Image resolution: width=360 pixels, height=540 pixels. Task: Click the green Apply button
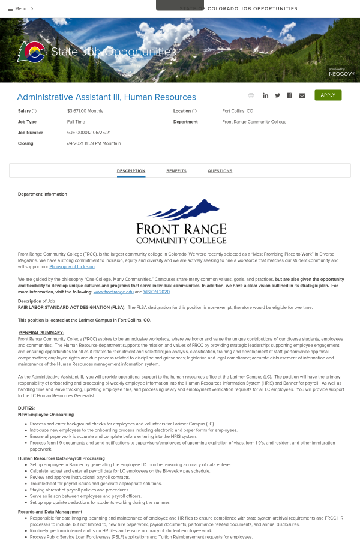pyautogui.click(x=328, y=95)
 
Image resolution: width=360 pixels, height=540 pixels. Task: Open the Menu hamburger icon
pyautogui.click(x=10, y=8)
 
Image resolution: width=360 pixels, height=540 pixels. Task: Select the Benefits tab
pyautogui.click(x=176, y=171)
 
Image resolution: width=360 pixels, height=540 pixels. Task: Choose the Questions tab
pyautogui.click(x=220, y=171)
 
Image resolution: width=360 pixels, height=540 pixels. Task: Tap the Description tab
pyautogui.click(x=131, y=171)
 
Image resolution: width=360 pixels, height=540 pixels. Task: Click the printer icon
pyautogui.click(x=251, y=95)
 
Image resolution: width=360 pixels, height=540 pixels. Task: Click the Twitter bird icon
pyautogui.click(x=277, y=95)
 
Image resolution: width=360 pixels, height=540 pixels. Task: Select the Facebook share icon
pyautogui.click(x=289, y=95)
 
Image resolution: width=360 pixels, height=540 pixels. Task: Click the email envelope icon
pyautogui.click(x=302, y=95)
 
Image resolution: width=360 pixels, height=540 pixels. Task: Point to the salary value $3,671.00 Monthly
pyautogui.click(x=85, y=111)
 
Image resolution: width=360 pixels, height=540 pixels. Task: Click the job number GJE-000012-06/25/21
pyautogui.click(x=89, y=133)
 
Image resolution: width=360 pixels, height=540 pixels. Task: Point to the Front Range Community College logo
pyautogui.click(x=181, y=223)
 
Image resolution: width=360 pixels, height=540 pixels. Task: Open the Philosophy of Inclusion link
pyautogui.click(x=72, y=266)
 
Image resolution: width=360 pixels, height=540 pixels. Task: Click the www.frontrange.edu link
pyautogui.click(x=113, y=292)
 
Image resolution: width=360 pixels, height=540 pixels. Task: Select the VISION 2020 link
pyautogui.click(x=157, y=292)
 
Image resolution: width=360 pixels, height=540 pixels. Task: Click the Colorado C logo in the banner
pyautogui.click(x=31, y=52)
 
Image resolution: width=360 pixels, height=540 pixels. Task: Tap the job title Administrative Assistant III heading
pyautogui.click(x=106, y=97)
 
